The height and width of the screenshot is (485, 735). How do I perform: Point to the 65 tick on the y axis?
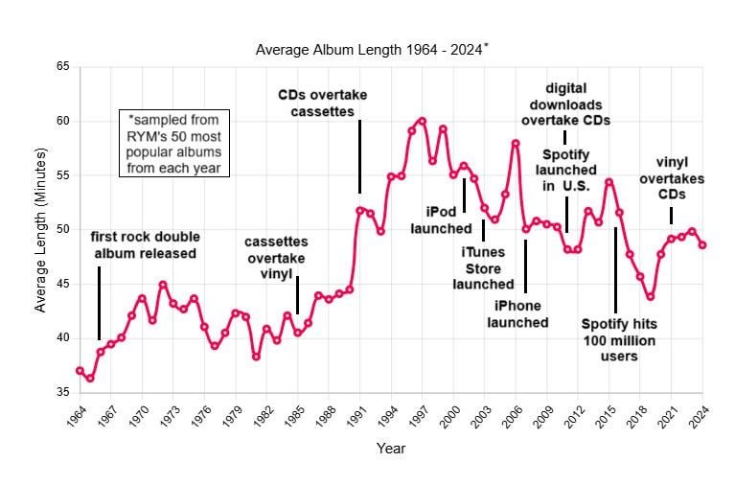[x=63, y=67]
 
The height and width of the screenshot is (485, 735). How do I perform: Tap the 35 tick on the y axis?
[x=63, y=392]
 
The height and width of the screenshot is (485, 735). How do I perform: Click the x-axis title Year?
[x=390, y=449]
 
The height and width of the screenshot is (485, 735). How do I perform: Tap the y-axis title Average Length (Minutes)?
[x=40, y=230]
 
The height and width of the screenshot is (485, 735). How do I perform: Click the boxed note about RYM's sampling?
[x=173, y=144]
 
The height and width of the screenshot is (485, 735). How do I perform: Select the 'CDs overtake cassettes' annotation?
[x=322, y=104]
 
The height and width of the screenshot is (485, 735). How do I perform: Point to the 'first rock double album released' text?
[x=143, y=245]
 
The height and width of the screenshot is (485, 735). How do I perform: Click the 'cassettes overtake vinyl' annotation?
[x=275, y=259]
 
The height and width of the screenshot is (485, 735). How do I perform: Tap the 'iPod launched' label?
[x=439, y=219]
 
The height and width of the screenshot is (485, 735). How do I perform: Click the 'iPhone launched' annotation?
[x=521, y=314]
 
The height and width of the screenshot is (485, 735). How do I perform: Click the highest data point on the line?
[x=422, y=121]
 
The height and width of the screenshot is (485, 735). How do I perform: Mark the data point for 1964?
[x=80, y=370]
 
